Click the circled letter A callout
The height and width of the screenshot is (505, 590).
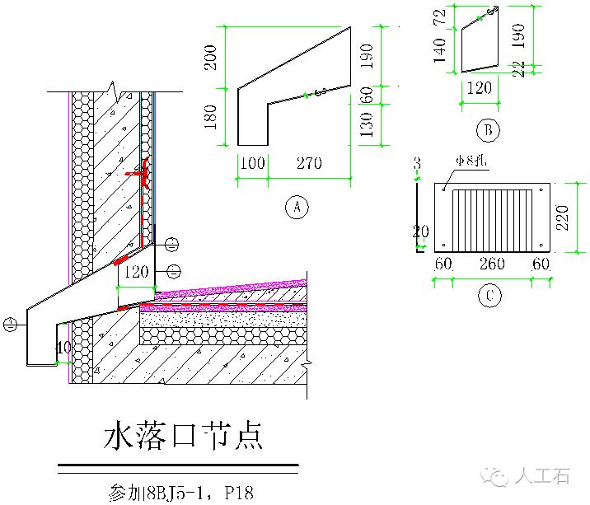pos(296,207)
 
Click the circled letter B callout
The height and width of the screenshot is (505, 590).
pos(488,129)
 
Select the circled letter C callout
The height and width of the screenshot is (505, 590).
pos(489,295)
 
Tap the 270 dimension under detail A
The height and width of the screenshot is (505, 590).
pos(309,163)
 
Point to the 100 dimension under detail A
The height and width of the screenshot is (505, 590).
pos(252,163)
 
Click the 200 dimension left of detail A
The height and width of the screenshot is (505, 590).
pos(211,56)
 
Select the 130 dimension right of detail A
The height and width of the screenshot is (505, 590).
pos(368,124)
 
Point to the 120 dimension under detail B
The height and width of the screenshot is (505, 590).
pos(479,89)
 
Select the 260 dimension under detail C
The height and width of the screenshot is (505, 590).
pos(492,264)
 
